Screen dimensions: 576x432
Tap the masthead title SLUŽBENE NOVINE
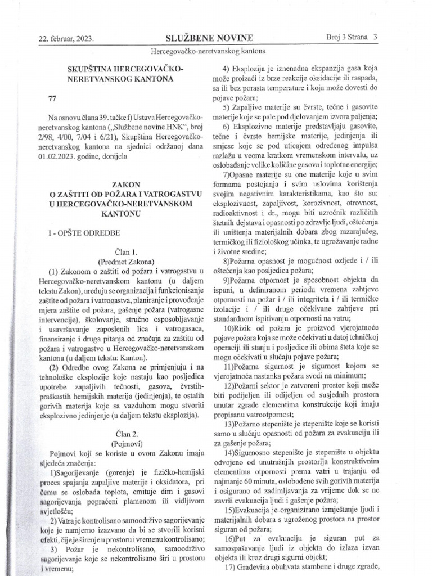[x=209, y=38]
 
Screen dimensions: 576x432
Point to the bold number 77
[x=53, y=98]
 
